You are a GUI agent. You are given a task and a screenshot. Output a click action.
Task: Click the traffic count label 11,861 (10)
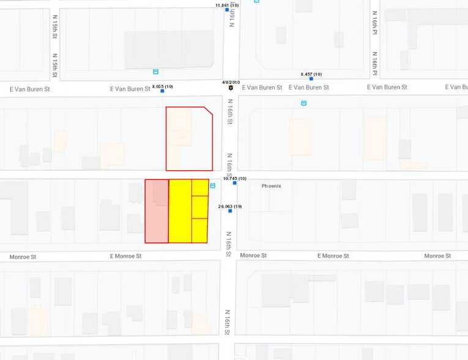(x=227, y=5)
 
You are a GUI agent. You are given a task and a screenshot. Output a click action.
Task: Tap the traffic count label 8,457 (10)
(x=311, y=74)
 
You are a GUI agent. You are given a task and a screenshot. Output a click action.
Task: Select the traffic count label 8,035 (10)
(x=162, y=86)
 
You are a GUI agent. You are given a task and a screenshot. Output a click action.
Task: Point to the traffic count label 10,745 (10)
(x=234, y=178)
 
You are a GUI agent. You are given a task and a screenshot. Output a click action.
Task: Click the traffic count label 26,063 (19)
(x=230, y=206)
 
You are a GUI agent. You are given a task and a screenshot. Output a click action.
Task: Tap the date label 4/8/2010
(x=231, y=81)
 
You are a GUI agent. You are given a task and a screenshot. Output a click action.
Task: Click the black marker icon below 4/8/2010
(x=231, y=88)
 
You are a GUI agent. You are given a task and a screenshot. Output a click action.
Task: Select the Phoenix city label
(x=271, y=186)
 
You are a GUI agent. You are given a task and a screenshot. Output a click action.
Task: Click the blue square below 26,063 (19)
(x=230, y=211)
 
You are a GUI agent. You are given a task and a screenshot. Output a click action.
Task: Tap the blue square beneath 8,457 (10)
(x=311, y=79)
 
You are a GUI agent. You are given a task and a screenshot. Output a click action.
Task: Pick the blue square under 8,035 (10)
(x=162, y=91)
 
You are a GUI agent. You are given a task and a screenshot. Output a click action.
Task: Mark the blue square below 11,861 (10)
(x=227, y=10)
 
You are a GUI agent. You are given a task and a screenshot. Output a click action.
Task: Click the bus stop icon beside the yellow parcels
(x=213, y=186)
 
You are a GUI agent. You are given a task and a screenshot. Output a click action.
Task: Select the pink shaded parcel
(x=157, y=211)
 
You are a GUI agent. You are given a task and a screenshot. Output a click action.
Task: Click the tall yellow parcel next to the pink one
(x=180, y=211)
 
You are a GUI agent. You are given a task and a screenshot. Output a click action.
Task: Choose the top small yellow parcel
(x=200, y=187)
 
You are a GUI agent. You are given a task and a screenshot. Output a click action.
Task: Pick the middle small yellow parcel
(x=200, y=207)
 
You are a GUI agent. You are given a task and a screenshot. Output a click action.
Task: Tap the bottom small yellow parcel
(x=200, y=230)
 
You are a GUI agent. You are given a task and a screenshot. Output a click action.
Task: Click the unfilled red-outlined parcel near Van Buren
(x=189, y=140)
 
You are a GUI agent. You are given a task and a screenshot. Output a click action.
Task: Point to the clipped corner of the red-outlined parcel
(x=209, y=111)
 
